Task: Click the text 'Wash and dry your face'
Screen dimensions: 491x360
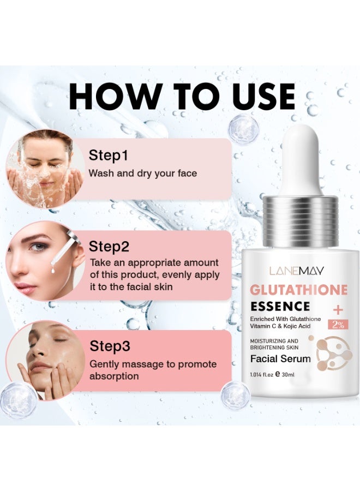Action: coord(142,173)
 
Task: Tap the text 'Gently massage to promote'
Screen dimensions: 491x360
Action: coord(153,364)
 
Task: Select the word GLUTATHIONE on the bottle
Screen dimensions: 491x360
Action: coord(298,290)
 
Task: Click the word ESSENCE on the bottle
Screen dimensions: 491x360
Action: coord(280,306)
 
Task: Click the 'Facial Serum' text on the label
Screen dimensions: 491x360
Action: coord(280,359)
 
